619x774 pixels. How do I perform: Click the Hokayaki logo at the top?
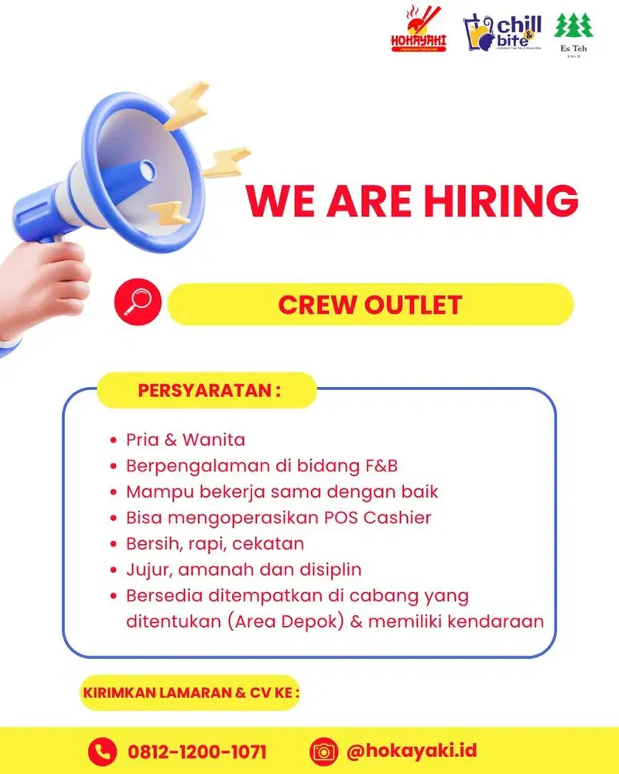(x=419, y=30)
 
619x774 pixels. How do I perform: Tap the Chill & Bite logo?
(x=502, y=33)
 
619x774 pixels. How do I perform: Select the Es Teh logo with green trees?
(x=573, y=33)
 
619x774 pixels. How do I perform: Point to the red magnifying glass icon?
(x=138, y=302)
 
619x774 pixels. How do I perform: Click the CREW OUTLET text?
(x=370, y=304)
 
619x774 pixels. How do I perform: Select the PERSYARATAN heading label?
(x=207, y=390)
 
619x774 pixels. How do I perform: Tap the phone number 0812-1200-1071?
(x=197, y=751)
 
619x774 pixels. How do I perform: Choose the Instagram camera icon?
(x=323, y=751)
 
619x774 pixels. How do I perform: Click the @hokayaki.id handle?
(x=411, y=751)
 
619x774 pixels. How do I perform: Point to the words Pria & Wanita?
(x=186, y=440)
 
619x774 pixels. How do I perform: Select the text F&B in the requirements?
(x=377, y=466)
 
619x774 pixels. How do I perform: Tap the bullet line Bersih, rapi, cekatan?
(x=215, y=543)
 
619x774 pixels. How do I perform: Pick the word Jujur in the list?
(x=145, y=570)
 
